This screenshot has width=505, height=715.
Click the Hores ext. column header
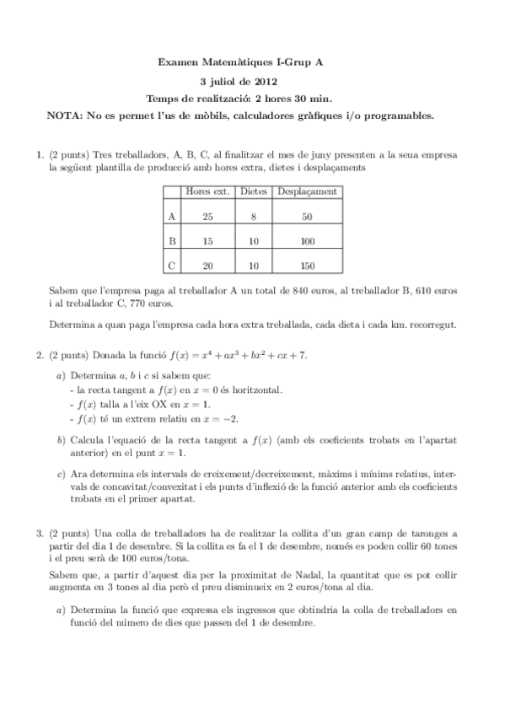[208, 191]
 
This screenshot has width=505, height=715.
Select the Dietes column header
[254, 191]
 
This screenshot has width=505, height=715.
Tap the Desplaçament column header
[307, 191]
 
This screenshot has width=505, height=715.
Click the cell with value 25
[208, 217]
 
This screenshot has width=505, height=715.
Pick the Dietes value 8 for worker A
[254, 217]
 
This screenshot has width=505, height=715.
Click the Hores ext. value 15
[208, 241]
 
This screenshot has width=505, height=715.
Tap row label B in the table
[172, 241]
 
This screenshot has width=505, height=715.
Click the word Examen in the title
[177, 62]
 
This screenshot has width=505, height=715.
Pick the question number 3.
[39, 533]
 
